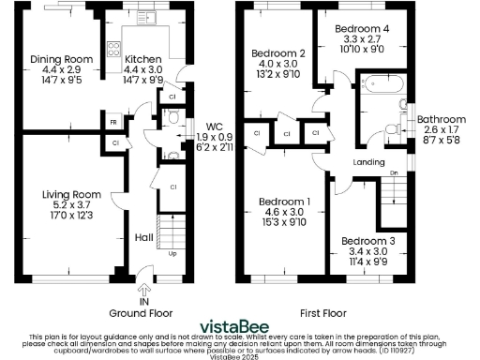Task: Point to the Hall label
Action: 143,237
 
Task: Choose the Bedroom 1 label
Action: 285,202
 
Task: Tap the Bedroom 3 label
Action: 367,240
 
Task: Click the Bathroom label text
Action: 441,120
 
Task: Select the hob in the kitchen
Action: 112,46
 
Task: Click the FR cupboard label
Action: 112,121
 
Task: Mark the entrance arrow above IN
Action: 143,273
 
